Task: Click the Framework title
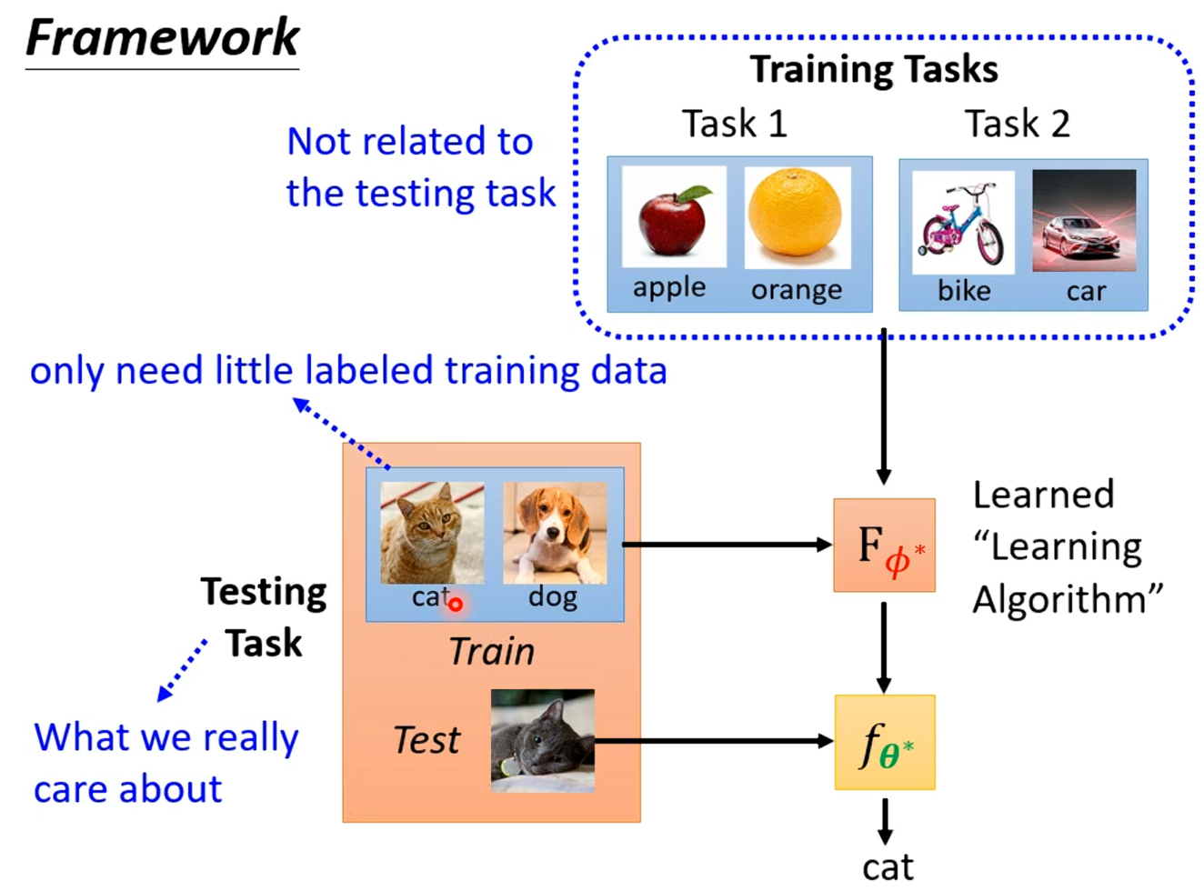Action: click(x=162, y=38)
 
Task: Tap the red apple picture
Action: click(x=673, y=217)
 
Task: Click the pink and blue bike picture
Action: click(x=963, y=223)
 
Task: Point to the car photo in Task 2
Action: click(x=1084, y=221)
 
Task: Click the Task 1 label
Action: click(x=734, y=124)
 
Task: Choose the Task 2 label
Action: click(x=1017, y=124)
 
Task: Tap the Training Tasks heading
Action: click(x=873, y=69)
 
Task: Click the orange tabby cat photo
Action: click(x=432, y=533)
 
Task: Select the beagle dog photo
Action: click(x=555, y=533)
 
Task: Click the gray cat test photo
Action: click(x=543, y=740)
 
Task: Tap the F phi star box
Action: click(x=884, y=546)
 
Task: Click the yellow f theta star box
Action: click(x=885, y=742)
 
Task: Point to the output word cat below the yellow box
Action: click(x=888, y=867)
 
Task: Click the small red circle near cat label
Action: click(x=456, y=604)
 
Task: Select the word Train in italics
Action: click(x=491, y=651)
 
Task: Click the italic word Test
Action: click(x=426, y=740)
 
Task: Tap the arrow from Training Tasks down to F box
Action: click(x=883, y=409)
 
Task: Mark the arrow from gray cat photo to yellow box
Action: click(x=714, y=741)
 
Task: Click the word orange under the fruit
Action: click(x=797, y=290)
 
